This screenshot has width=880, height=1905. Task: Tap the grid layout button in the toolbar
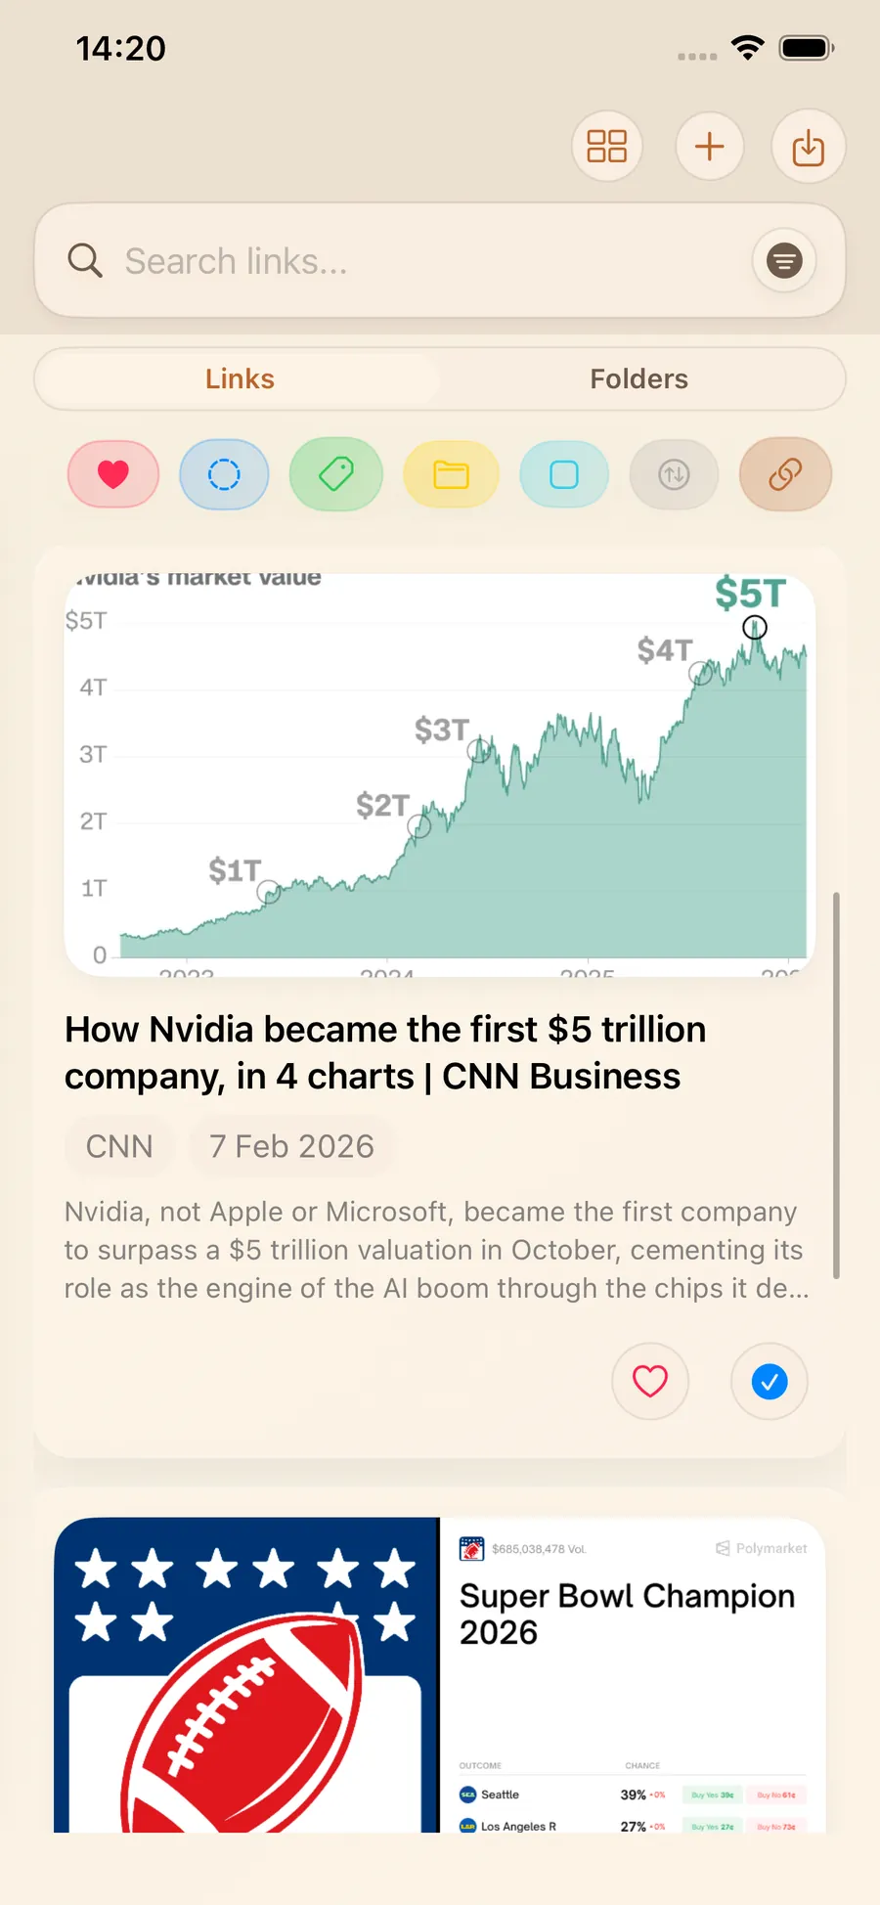click(x=606, y=147)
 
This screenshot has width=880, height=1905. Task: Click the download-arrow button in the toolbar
click(x=808, y=147)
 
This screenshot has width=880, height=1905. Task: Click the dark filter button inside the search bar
click(x=783, y=261)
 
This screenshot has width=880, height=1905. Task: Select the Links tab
click(x=240, y=379)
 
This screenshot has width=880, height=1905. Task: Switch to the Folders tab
click(x=638, y=379)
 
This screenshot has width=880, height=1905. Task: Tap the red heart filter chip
click(x=113, y=474)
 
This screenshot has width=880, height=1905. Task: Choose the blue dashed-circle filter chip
click(x=224, y=474)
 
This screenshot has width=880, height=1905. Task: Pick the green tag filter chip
click(x=335, y=474)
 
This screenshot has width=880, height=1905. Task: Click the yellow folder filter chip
click(x=451, y=474)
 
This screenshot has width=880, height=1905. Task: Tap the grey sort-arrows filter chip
click(x=674, y=474)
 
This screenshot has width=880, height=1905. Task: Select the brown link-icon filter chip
click(x=785, y=474)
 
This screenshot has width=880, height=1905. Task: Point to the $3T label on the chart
click(x=441, y=730)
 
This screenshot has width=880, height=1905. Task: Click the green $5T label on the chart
click(x=750, y=594)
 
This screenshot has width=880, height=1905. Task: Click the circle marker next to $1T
click(x=269, y=892)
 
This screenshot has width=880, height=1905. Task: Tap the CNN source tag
click(x=119, y=1146)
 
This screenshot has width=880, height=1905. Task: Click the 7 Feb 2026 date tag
click(x=291, y=1146)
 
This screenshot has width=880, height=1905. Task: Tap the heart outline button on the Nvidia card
click(x=650, y=1381)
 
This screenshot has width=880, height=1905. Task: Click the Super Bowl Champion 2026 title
click(x=627, y=1614)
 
